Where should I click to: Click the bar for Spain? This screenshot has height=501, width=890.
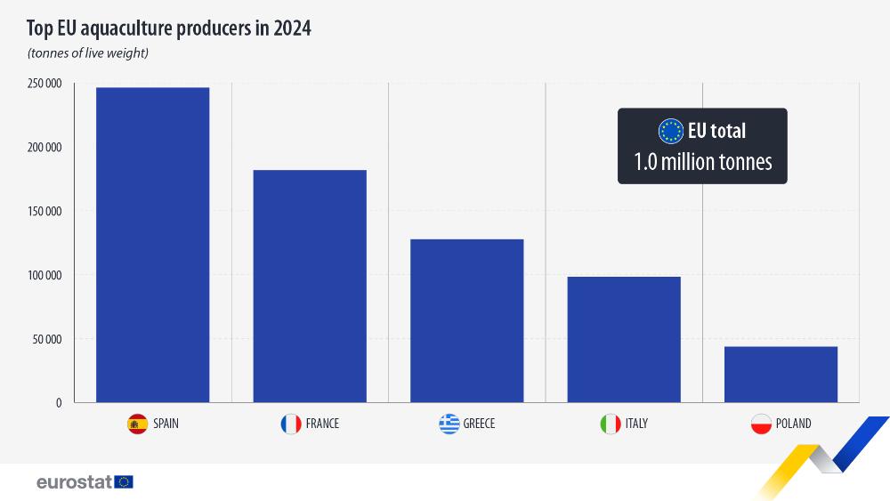tap(152, 245)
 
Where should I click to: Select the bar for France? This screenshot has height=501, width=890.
tap(310, 286)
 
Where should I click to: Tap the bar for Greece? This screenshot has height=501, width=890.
tap(466, 320)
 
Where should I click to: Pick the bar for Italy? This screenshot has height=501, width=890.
tap(624, 339)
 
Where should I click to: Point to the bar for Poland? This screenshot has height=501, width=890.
tap(781, 374)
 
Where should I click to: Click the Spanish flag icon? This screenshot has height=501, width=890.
tap(137, 424)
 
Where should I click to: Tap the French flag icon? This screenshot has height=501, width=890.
tap(290, 424)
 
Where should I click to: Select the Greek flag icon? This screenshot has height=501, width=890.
tap(449, 424)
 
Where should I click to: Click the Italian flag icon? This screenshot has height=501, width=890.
tap(610, 424)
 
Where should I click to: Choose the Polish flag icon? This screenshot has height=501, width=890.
tap(761, 424)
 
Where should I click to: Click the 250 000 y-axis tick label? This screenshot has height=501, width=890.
tap(44, 84)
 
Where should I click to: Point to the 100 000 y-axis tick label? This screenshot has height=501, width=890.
tap(44, 275)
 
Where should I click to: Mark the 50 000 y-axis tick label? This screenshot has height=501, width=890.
tap(47, 339)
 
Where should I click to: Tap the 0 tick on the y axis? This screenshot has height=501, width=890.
tap(59, 402)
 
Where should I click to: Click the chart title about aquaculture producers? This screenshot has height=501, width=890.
tap(169, 28)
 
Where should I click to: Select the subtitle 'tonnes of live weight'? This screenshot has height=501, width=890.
tap(87, 53)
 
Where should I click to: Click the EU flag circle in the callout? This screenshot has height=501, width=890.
tap(670, 131)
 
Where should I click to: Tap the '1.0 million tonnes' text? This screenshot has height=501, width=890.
tap(702, 162)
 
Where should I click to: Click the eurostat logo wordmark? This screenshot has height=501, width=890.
tap(74, 481)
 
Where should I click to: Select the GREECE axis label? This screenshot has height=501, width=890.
tap(479, 424)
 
